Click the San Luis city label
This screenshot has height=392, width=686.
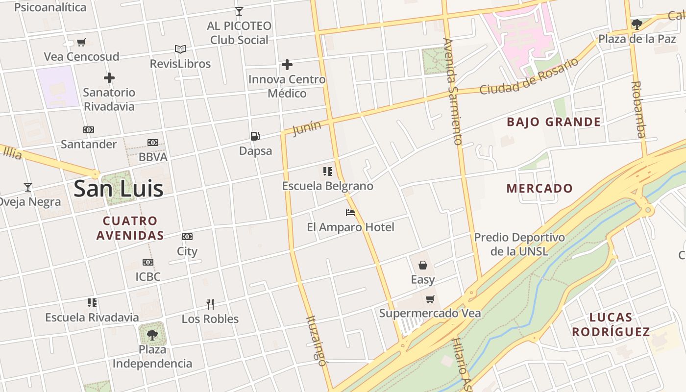118,189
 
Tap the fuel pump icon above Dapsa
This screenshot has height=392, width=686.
255,136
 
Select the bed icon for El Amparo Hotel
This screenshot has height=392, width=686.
350,213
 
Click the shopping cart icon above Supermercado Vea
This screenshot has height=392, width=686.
430,299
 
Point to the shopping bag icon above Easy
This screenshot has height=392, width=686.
422,265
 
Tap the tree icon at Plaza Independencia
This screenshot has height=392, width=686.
152,335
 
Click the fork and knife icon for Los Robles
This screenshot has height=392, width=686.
210,304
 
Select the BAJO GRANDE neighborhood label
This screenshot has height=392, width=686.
554,122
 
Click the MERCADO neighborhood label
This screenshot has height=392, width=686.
539,188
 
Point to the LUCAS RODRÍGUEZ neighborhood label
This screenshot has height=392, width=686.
611,324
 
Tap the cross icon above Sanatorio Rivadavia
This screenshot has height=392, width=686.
109,78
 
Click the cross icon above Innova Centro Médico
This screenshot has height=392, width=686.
287,65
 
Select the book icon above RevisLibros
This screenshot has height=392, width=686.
180,49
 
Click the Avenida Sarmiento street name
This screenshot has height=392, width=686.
452,92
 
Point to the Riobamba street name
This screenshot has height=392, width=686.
639,109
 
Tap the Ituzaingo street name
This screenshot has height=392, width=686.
316,341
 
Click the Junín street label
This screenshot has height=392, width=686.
307,128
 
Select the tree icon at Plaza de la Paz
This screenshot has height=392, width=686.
637,24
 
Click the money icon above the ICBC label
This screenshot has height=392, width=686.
148,262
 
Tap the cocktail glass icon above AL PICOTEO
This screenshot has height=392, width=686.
239,11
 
